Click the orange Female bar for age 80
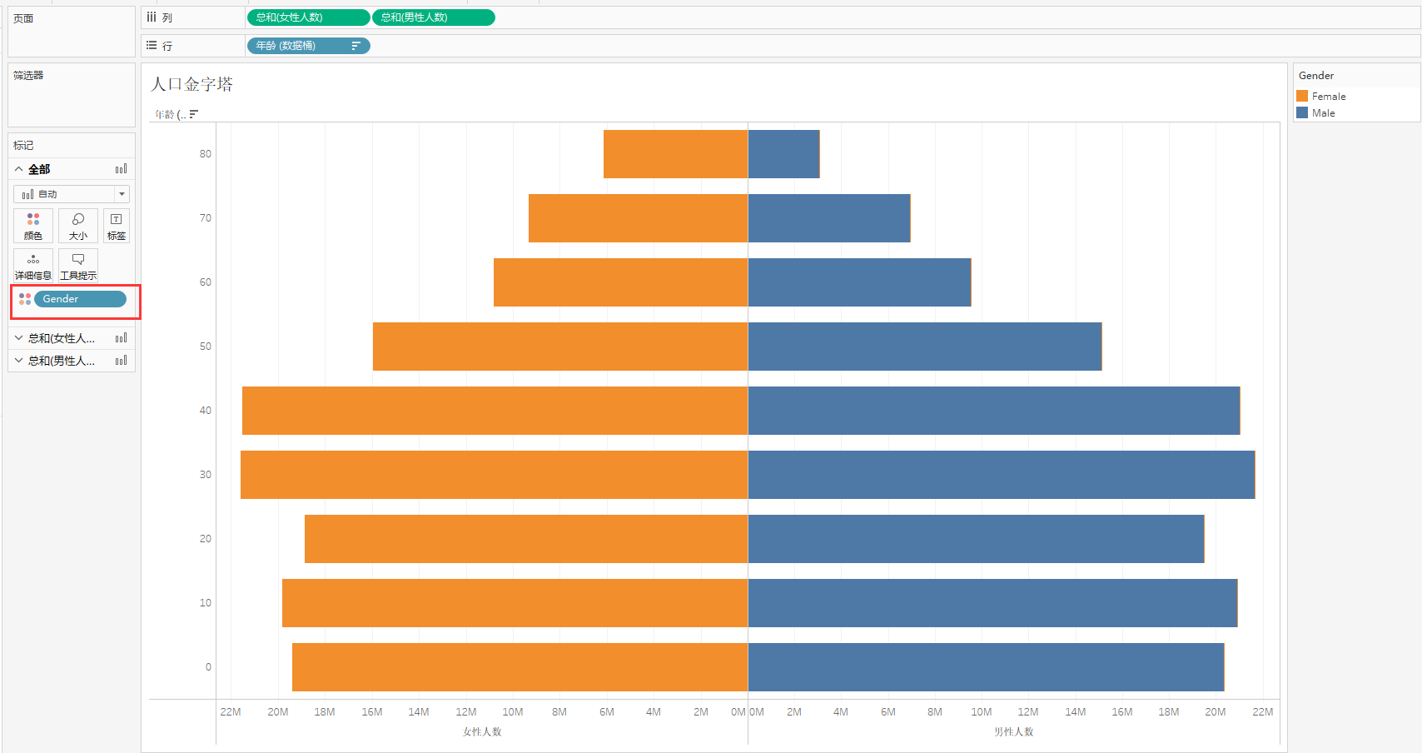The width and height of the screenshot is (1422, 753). [675, 154]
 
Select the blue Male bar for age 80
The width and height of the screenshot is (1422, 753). [784, 154]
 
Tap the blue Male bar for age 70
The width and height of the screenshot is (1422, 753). [830, 218]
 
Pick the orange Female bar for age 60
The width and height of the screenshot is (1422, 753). [621, 282]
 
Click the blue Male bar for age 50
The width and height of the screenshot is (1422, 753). [925, 347]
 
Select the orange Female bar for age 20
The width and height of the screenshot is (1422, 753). [526, 539]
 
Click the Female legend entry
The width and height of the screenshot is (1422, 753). [1321, 97]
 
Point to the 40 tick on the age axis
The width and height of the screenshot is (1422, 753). [205, 410]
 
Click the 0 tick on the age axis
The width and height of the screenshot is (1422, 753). [208, 666]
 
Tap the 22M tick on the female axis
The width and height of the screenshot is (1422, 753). [231, 711]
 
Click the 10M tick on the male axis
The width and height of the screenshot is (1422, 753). [981, 711]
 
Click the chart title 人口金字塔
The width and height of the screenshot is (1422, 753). [191, 84]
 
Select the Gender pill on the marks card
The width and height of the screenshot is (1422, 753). [80, 299]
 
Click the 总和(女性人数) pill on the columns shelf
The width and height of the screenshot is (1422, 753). [308, 17]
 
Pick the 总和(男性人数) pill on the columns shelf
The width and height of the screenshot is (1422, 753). [434, 17]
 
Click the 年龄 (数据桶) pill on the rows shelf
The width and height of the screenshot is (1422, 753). [309, 46]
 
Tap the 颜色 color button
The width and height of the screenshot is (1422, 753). [33, 226]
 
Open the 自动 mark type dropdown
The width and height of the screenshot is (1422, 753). [72, 194]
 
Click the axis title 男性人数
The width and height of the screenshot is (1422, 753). [1014, 732]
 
